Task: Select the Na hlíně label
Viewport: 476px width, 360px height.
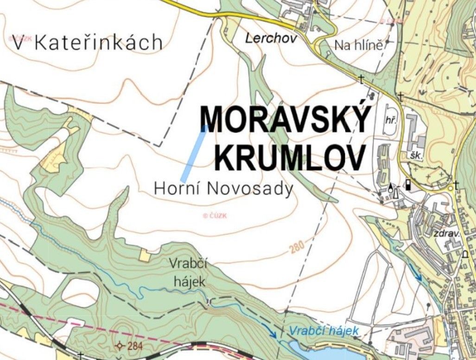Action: click(x=359, y=45)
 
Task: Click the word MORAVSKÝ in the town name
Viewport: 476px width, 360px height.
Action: click(x=286, y=120)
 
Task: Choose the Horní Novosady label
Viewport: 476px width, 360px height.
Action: click(x=223, y=189)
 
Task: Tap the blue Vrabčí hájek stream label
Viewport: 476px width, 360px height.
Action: click(x=323, y=331)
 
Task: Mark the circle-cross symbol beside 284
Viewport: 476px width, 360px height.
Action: click(x=121, y=345)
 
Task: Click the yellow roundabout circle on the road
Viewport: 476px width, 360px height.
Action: click(x=450, y=189)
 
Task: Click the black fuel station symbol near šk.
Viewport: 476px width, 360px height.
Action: click(x=408, y=184)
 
